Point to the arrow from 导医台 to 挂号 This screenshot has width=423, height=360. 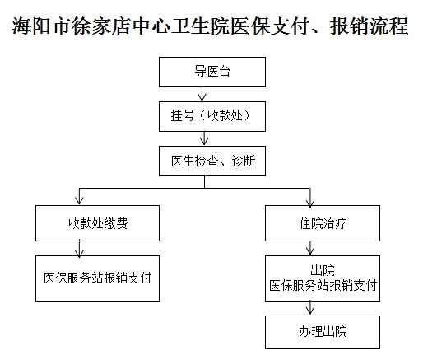(x=202, y=94)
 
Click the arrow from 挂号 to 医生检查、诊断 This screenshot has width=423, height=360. (x=204, y=138)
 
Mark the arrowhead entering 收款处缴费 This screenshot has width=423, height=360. (x=79, y=201)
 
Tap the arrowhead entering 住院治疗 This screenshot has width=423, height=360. (x=310, y=202)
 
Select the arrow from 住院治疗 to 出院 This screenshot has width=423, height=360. (x=310, y=248)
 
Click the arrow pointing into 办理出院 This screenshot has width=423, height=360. (x=310, y=308)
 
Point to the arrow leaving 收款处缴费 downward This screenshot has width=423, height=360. (x=79, y=248)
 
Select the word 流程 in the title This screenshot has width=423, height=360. (x=388, y=26)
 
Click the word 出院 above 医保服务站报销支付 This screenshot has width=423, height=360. (x=323, y=270)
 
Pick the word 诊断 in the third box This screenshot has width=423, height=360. (x=244, y=161)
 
